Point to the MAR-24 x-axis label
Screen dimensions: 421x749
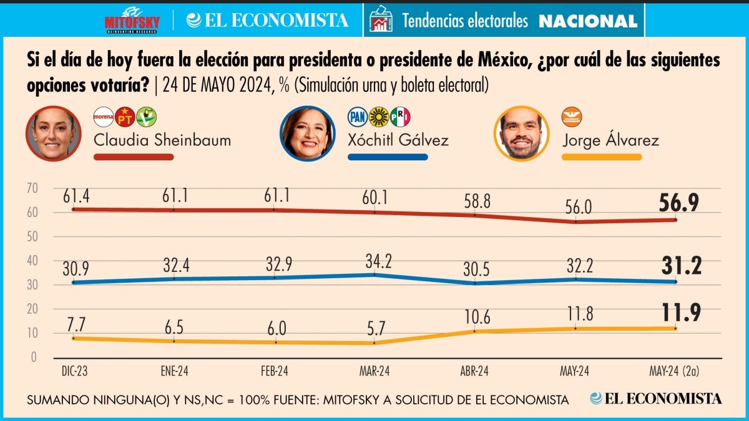(374, 370)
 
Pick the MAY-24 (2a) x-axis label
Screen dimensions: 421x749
(674, 370)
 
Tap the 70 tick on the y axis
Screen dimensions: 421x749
(32, 188)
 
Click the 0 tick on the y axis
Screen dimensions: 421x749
(34, 357)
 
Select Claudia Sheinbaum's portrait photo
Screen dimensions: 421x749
(54, 133)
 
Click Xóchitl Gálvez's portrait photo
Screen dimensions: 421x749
(308, 133)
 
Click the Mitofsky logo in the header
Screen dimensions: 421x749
(132, 20)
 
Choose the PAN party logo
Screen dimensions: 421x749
(356, 117)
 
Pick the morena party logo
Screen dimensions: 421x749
(103, 117)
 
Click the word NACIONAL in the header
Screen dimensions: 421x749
(588, 21)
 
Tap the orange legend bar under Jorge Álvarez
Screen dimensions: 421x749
(602, 157)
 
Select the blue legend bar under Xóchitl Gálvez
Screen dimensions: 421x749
(388, 157)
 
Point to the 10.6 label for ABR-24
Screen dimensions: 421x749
(476, 317)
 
